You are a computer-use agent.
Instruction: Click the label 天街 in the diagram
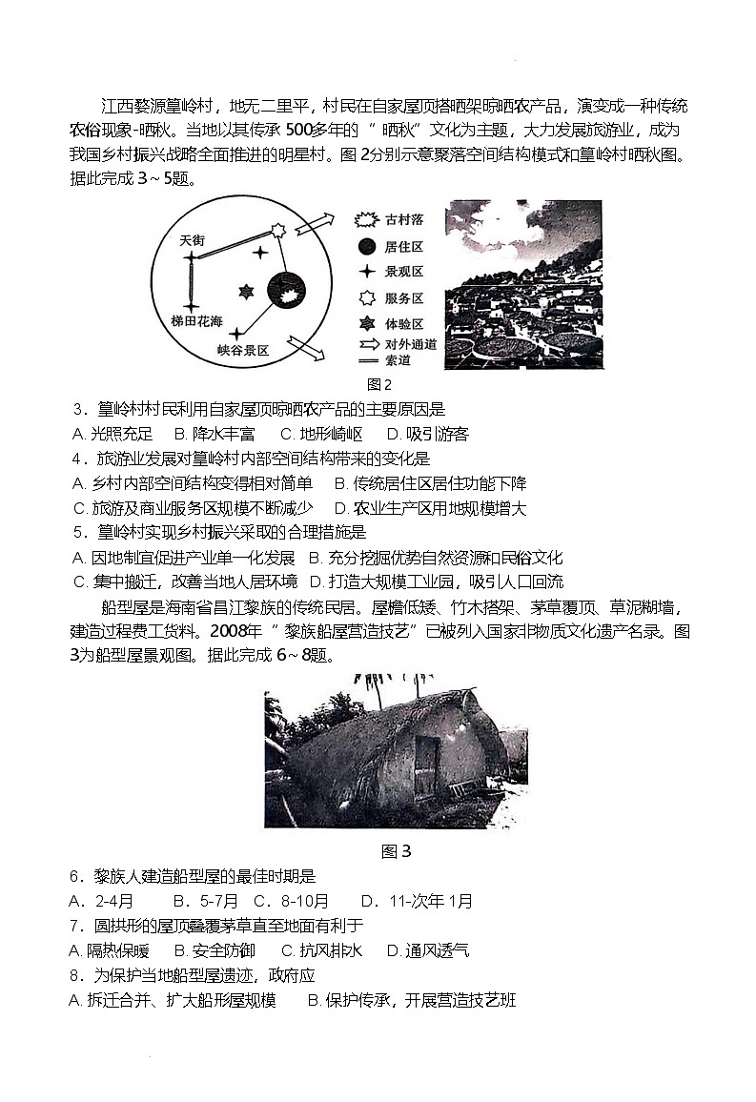point(192,241)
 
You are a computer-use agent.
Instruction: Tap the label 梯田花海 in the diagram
point(197,319)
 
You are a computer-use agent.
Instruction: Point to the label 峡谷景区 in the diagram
point(243,351)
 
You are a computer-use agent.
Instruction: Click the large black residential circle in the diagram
point(285,288)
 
